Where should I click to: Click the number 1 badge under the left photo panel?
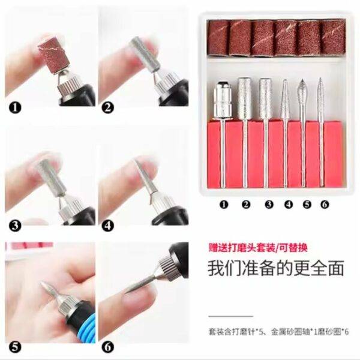click(x=15, y=107)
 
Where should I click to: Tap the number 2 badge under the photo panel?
click(x=107, y=107)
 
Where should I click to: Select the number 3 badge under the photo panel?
click(x=15, y=226)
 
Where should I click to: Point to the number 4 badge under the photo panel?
click(x=107, y=226)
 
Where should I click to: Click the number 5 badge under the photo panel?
click(x=15, y=347)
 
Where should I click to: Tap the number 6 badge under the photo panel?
click(x=107, y=347)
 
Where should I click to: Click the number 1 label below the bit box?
click(x=224, y=205)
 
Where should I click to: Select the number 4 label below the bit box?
click(x=289, y=205)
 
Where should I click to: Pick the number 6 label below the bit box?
click(x=325, y=205)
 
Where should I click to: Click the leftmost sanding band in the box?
click(x=218, y=38)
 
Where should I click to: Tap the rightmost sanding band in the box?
click(x=334, y=37)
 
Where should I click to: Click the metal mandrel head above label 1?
click(x=222, y=100)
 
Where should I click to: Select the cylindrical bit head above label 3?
click(x=265, y=99)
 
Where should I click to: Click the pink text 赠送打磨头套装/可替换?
click(x=258, y=248)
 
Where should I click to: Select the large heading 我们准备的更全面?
click(x=276, y=268)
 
